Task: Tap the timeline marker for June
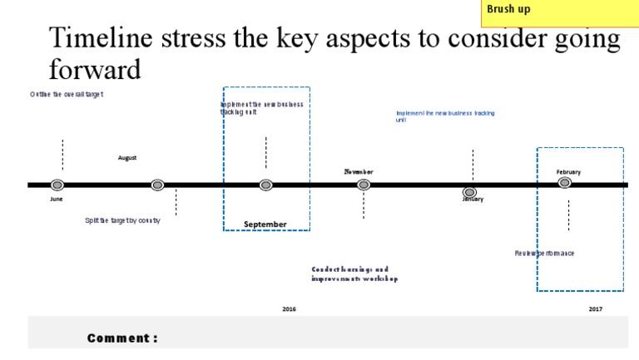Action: click(57, 185)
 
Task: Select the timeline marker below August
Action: click(157, 185)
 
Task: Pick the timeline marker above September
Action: click(265, 185)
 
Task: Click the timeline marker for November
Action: click(364, 185)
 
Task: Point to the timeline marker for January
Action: click(469, 193)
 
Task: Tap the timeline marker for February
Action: click(564, 183)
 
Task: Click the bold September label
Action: click(265, 224)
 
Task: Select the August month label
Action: click(127, 157)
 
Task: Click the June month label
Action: click(57, 200)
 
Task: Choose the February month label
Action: click(568, 172)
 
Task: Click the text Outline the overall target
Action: click(67, 95)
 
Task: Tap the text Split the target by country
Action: click(122, 220)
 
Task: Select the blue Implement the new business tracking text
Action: click(445, 116)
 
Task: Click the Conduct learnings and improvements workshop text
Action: click(354, 274)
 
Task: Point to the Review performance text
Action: click(544, 253)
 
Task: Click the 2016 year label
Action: click(289, 308)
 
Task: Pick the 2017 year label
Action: click(595, 308)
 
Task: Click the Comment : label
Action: click(122, 338)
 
